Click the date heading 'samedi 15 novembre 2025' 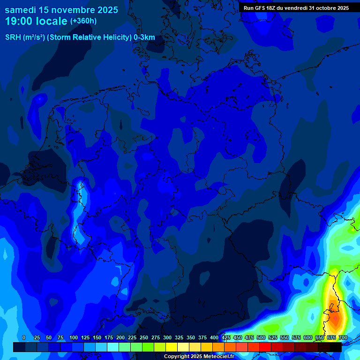click(61, 9)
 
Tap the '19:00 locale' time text click(36, 21)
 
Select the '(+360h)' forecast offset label click(83, 21)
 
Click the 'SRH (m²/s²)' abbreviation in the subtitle click(25, 37)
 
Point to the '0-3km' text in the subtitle click(144, 37)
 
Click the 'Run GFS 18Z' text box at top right click(296, 8)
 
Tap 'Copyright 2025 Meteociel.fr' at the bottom click(199, 356)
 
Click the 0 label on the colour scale click(24, 337)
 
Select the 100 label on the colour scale click(74, 337)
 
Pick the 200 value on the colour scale click(120, 337)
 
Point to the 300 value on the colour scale click(167, 337)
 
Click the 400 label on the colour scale click(214, 337)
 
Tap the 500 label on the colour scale click(261, 337)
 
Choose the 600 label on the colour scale click(308, 337)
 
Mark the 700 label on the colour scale click(343, 337)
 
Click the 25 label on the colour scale click(37, 337)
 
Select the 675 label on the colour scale click(331, 337)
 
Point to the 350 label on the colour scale click(191, 337)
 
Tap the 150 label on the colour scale click(97, 337)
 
